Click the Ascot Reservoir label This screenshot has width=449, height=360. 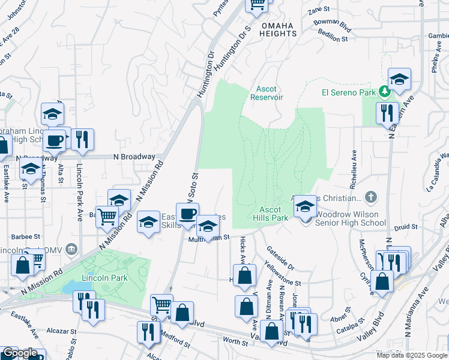tap(266, 92)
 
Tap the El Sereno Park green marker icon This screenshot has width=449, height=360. tap(384, 92)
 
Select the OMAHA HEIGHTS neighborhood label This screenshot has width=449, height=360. tap(278, 29)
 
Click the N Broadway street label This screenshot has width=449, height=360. tap(134, 157)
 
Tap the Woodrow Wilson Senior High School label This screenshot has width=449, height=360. tap(351, 218)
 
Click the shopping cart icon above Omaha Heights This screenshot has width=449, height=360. tap(258, 4)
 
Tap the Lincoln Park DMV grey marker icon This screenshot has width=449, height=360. tap(71, 249)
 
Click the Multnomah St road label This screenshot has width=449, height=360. tap(209, 238)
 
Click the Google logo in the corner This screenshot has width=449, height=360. tap(20, 353)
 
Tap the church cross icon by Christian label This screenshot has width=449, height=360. tap(372, 197)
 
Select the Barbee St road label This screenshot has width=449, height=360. tap(25, 237)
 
